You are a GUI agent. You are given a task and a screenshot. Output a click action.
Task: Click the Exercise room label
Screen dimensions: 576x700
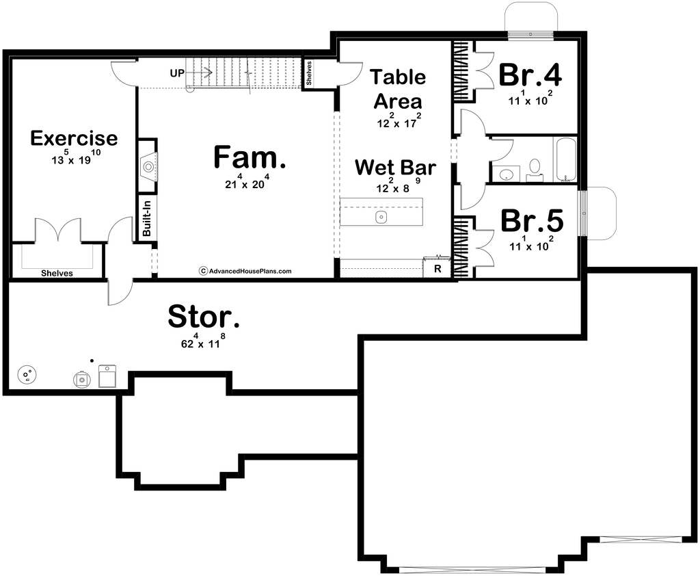click(74, 138)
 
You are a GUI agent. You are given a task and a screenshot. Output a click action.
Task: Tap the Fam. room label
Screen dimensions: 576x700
click(250, 157)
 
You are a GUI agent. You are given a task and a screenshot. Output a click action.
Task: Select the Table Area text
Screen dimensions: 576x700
click(399, 90)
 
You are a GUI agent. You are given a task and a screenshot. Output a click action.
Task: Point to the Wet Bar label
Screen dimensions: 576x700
click(395, 167)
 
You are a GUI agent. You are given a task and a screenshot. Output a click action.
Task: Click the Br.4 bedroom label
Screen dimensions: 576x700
click(530, 76)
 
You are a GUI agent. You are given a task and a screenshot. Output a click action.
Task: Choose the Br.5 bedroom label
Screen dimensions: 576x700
click(532, 221)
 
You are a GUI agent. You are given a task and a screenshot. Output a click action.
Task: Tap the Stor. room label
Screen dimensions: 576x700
click(204, 317)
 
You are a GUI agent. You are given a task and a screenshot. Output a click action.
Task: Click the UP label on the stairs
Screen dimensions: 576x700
click(177, 73)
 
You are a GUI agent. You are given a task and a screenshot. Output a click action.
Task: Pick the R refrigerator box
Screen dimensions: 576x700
click(437, 269)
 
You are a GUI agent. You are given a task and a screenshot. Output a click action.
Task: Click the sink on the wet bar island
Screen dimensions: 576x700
click(381, 218)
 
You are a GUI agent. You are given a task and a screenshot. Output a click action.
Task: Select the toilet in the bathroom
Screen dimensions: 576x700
click(535, 166)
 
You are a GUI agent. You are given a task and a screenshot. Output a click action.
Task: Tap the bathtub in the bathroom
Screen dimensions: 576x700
click(565, 159)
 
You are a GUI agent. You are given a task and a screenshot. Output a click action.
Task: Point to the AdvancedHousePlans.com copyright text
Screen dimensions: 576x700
click(245, 271)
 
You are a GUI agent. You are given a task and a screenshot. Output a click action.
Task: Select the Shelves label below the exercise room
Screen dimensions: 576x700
click(57, 273)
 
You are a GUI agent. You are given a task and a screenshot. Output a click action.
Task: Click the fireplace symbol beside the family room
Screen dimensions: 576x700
click(148, 166)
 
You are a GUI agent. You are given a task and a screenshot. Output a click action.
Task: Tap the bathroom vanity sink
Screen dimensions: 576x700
click(505, 175)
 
